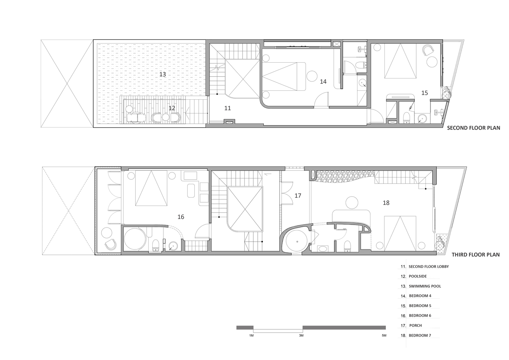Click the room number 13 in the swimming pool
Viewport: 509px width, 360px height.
click(162, 74)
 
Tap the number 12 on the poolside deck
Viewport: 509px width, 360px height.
click(172, 108)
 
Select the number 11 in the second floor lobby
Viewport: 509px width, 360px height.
click(228, 108)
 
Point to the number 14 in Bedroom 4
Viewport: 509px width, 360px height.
click(323, 81)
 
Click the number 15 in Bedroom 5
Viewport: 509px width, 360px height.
click(424, 93)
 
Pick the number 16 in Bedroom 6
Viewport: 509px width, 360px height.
click(181, 217)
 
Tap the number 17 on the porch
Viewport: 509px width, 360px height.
click(298, 195)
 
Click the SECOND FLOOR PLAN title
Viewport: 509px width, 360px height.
click(474, 128)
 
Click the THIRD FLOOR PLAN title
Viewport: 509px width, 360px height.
click(476, 255)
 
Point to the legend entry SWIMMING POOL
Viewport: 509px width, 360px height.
click(425, 286)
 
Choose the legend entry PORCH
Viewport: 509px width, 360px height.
click(415, 325)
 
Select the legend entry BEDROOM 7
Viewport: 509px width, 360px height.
click(420, 335)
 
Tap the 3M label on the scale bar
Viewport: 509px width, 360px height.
click(301, 336)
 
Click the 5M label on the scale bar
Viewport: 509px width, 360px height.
click(384, 336)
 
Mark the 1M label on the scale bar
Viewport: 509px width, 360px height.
click(251, 336)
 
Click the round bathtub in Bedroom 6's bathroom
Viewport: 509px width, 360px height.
click(135, 239)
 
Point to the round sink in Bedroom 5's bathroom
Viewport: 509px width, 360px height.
click(422, 118)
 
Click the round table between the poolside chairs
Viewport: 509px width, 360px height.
click(166, 117)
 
